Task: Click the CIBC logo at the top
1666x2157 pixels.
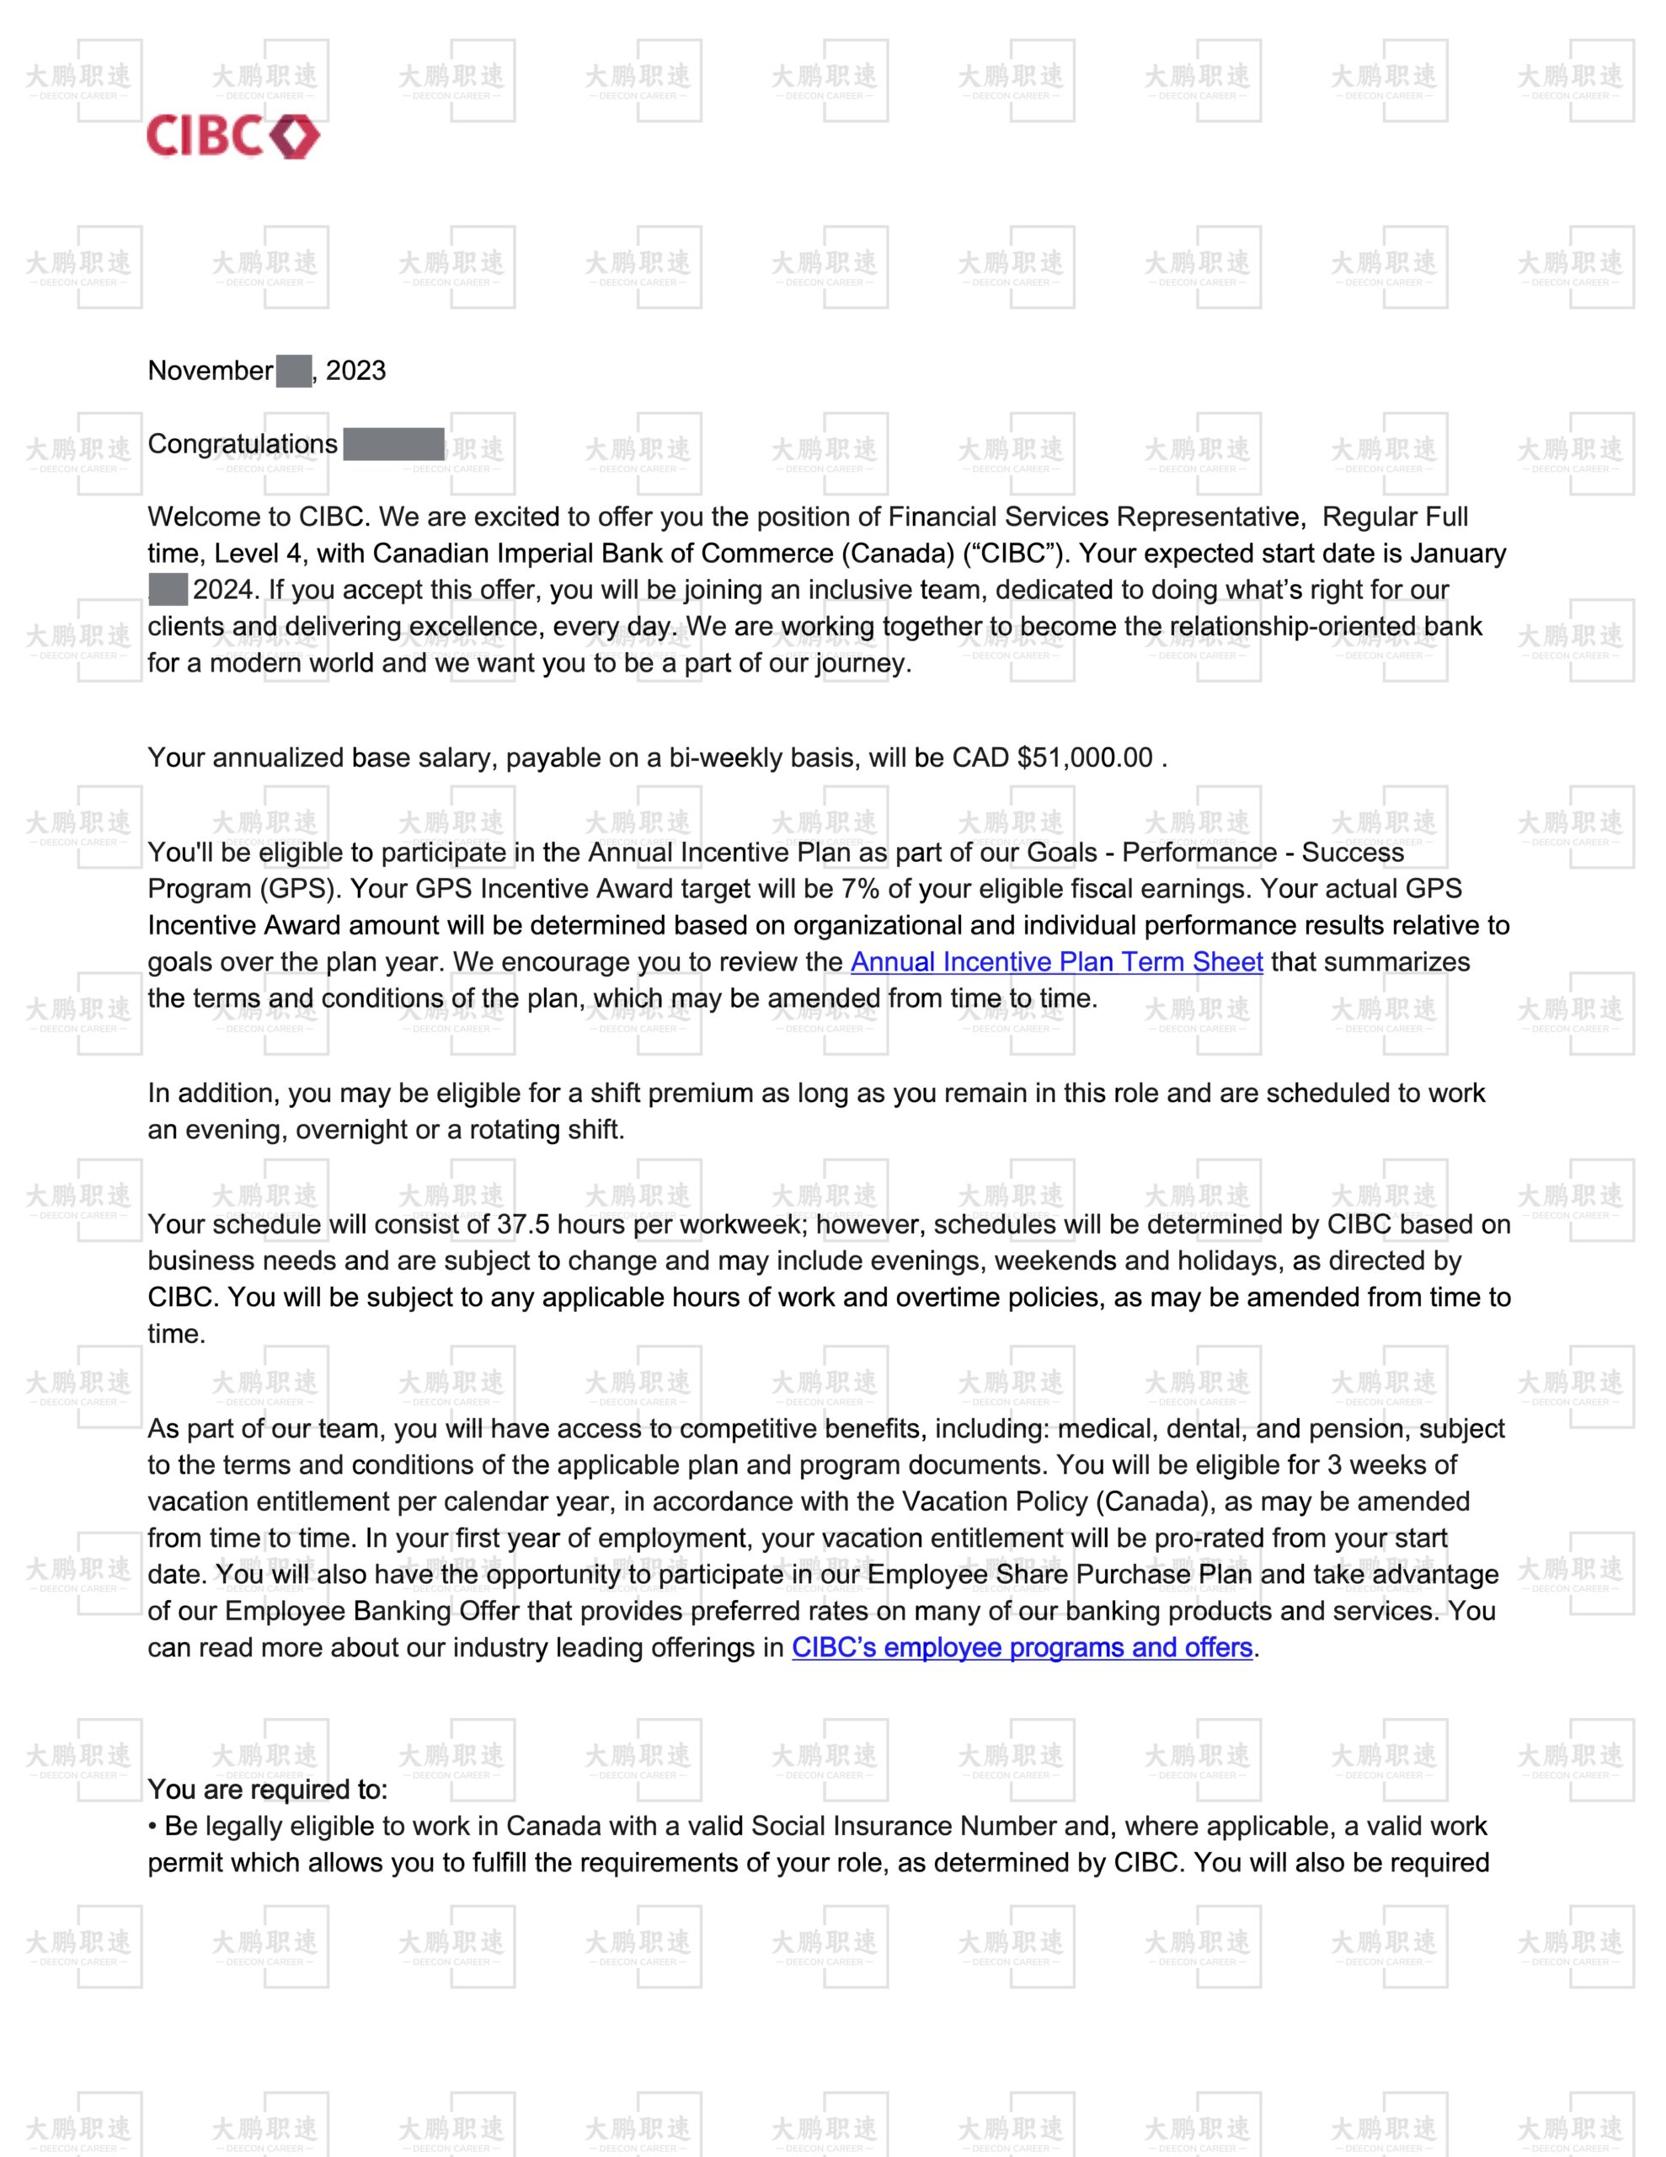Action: [x=233, y=136]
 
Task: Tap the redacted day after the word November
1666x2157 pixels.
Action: [x=293, y=372]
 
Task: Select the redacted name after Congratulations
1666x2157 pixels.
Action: [x=393, y=444]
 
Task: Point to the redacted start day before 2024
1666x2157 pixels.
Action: [x=167, y=590]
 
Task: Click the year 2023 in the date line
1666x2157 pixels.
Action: [x=355, y=372]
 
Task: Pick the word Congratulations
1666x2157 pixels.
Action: [x=242, y=444]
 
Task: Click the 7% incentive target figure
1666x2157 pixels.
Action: [x=859, y=889]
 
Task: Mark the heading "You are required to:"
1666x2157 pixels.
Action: [x=268, y=1790]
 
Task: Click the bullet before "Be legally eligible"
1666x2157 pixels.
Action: [x=152, y=1827]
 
